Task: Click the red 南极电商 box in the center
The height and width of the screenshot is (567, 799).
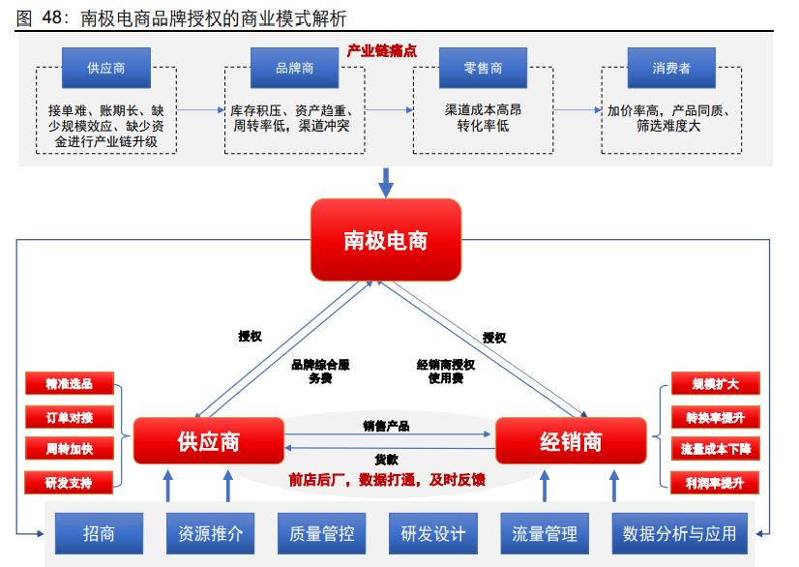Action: (385, 238)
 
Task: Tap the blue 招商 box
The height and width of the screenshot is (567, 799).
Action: (99, 533)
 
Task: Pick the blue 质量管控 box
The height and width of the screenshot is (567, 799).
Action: (321, 533)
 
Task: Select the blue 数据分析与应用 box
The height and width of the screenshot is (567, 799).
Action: (680, 533)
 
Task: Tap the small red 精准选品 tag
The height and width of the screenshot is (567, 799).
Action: (69, 384)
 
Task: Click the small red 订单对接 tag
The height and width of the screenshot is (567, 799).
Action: (69, 417)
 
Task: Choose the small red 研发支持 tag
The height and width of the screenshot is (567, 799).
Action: (69, 482)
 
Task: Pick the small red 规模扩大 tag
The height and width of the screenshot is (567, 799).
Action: (715, 384)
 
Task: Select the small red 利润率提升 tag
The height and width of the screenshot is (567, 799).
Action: (715, 482)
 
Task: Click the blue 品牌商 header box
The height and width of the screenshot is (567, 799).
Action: (294, 70)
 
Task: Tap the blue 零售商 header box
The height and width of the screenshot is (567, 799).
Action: (483, 70)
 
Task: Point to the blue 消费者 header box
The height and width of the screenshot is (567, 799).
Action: (670, 70)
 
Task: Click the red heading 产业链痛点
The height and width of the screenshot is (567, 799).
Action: (381, 50)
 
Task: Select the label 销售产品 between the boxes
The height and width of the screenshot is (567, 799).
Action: (386, 426)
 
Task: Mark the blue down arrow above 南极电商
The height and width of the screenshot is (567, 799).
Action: (385, 181)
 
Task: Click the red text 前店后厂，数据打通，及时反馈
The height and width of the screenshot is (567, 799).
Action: (387, 479)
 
